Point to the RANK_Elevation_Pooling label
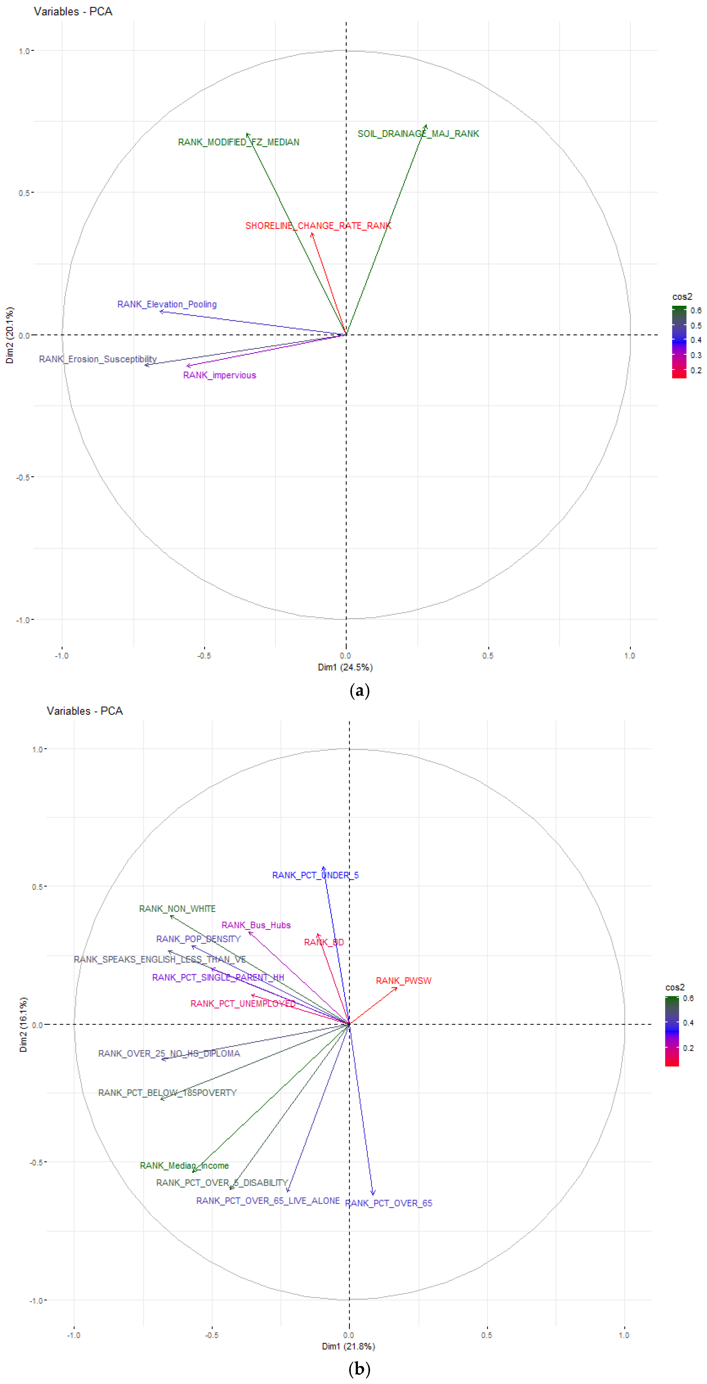(167, 304)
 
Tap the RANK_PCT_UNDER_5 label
(315, 875)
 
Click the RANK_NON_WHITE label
(177, 908)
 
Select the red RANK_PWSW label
(403, 981)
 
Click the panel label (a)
(359, 690)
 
